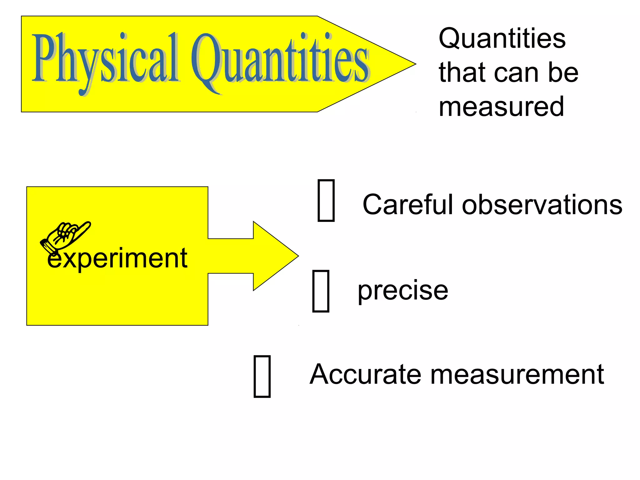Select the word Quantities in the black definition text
502,38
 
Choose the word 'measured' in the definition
501,107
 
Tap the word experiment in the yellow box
117,258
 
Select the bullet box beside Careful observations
326,200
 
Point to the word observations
542,205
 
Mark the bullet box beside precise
321,291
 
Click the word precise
402,291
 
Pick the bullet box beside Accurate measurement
262,376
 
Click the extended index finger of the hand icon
83,227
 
